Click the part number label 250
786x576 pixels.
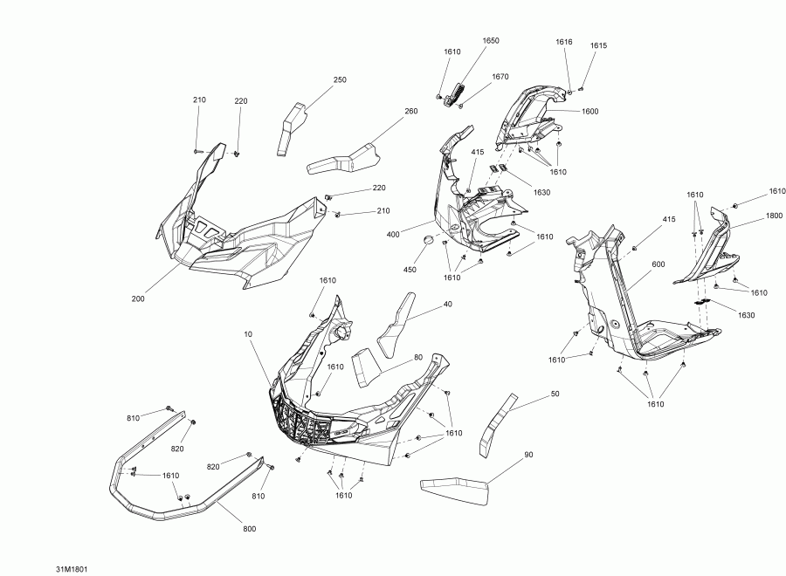[340, 79]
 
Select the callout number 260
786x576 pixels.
[411, 111]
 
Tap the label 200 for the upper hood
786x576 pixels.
[138, 298]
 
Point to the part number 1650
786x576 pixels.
[491, 41]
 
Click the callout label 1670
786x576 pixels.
[500, 77]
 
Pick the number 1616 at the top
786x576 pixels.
[564, 42]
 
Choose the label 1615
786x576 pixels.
[598, 45]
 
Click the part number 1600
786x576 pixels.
[590, 111]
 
